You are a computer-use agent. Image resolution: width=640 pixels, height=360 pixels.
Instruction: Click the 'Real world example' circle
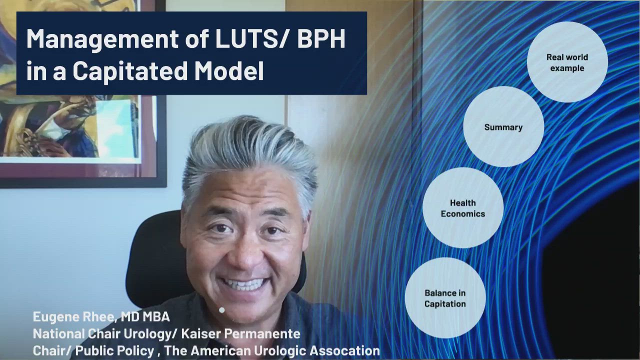point(567,62)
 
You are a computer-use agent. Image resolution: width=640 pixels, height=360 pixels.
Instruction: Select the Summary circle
point(503,127)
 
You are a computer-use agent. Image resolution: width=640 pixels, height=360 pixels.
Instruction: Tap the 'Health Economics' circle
point(463,208)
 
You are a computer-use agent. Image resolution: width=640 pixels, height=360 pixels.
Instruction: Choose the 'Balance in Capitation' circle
point(445,298)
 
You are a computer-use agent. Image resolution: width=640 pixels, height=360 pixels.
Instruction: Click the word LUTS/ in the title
point(252,38)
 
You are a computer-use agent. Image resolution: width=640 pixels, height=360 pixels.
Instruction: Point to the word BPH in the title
point(321,38)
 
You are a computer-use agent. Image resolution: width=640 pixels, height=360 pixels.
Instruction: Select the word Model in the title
point(229,71)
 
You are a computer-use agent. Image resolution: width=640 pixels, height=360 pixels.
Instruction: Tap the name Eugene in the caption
point(55,317)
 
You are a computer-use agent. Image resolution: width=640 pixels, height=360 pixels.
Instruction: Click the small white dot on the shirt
point(221,310)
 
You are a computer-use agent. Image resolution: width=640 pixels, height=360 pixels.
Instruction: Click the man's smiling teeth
point(245,284)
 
